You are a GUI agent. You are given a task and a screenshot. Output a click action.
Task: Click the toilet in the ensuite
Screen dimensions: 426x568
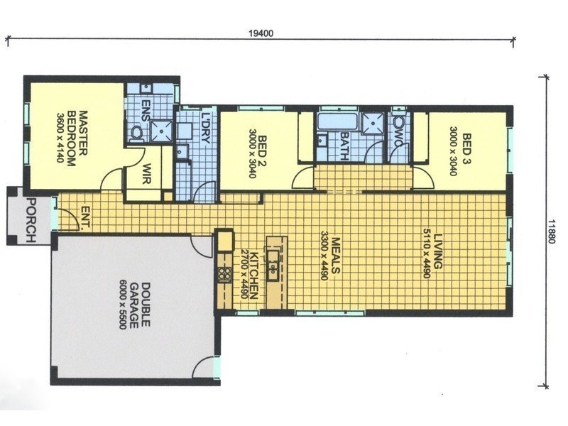136,132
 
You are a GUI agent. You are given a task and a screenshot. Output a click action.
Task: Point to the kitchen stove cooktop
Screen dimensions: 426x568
225,273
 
